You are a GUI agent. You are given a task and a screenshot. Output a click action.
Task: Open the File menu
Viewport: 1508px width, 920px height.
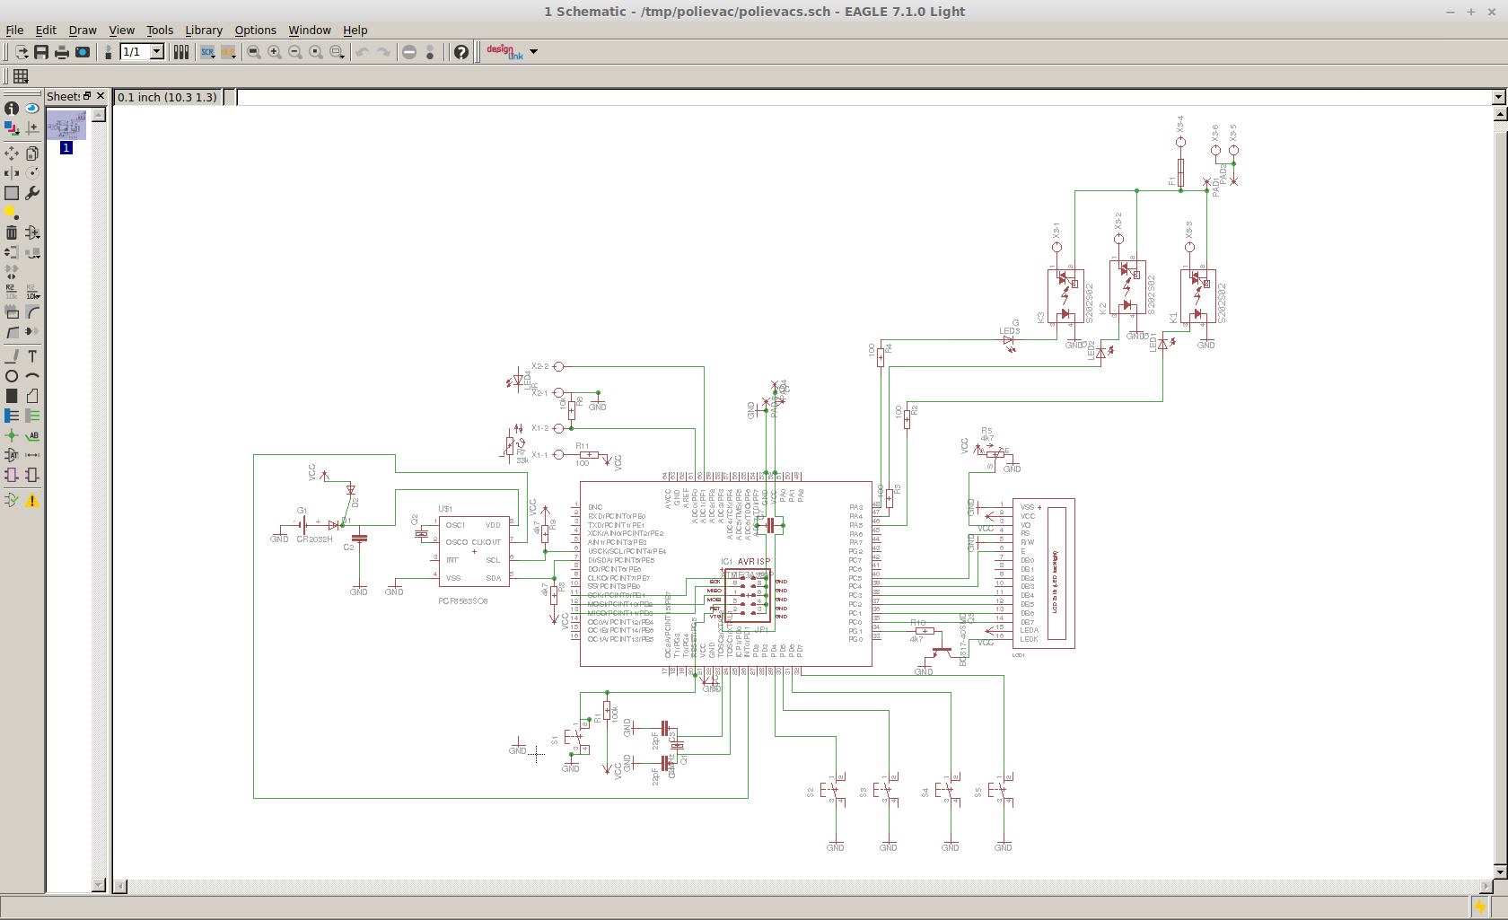click(x=14, y=30)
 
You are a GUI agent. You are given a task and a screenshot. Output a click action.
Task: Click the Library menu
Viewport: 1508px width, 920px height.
click(x=204, y=30)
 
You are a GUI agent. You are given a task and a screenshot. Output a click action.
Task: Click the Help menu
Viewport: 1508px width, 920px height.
click(x=355, y=30)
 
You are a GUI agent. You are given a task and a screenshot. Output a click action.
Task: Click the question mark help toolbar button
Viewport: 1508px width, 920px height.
click(x=460, y=52)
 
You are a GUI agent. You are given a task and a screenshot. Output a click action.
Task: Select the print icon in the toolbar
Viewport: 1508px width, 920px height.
click(x=62, y=52)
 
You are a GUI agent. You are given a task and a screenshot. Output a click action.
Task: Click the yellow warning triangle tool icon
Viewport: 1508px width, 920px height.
click(x=32, y=501)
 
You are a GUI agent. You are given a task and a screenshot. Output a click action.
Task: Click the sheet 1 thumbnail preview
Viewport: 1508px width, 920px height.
click(x=66, y=125)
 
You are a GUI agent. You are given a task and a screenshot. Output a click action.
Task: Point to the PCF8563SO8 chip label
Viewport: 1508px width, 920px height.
click(x=462, y=600)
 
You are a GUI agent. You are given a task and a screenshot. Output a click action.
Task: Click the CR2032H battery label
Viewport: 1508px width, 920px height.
click(x=314, y=539)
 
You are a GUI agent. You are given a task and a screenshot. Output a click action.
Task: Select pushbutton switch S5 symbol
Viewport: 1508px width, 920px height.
click(x=1000, y=791)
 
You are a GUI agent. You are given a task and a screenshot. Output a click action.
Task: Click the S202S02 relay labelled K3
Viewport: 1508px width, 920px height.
click(x=1065, y=296)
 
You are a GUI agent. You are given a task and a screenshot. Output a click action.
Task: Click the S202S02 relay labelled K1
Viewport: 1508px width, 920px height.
click(x=1198, y=296)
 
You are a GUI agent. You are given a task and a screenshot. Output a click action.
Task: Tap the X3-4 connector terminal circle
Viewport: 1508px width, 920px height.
click(x=1180, y=142)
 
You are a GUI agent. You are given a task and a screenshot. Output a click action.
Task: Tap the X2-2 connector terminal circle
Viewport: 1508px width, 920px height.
click(x=558, y=366)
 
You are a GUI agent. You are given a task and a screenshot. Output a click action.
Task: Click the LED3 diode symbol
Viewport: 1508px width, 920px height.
click(x=1009, y=340)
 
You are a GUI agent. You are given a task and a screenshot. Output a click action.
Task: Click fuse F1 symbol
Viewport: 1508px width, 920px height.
click(x=1180, y=171)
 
